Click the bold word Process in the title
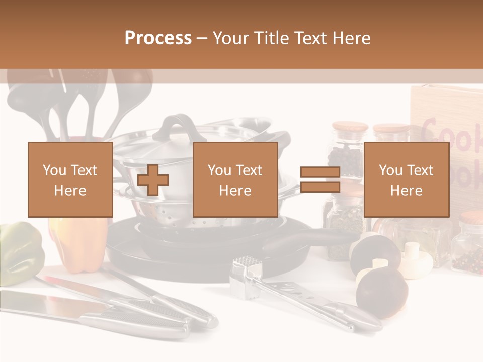click(158, 38)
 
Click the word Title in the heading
click(272, 38)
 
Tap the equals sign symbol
click(320, 180)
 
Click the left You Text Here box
click(70, 180)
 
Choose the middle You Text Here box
click(235, 180)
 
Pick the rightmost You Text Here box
click(407, 180)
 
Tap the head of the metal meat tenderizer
click(246, 268)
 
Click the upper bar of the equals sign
click(320, 172)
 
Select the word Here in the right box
click(407, 191)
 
